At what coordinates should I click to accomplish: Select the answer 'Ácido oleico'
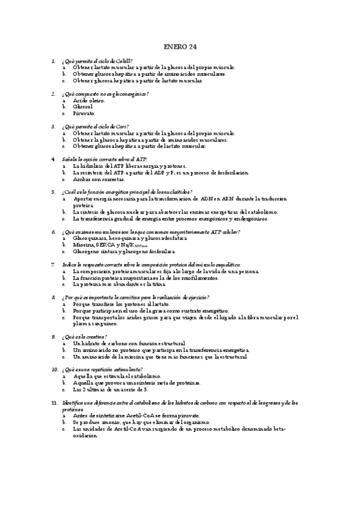coord(88,100)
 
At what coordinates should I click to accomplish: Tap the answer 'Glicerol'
coord(83,106)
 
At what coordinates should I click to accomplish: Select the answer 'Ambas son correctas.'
coord(99,179)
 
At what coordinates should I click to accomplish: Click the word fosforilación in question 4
coord(231,172)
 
